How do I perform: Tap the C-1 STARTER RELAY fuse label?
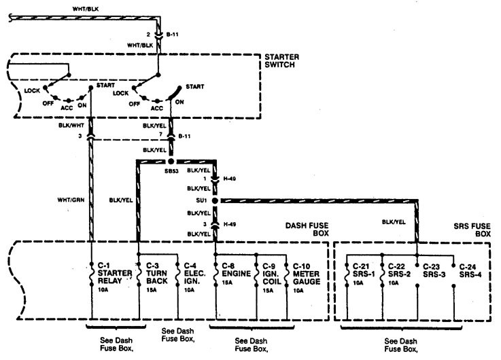coord(107,270)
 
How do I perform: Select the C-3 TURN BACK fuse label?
coord(154,270)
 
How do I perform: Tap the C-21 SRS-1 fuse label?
coord(361,266)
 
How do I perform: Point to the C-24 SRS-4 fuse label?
coord(470,266)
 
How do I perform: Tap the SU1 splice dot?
coord(215,202)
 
